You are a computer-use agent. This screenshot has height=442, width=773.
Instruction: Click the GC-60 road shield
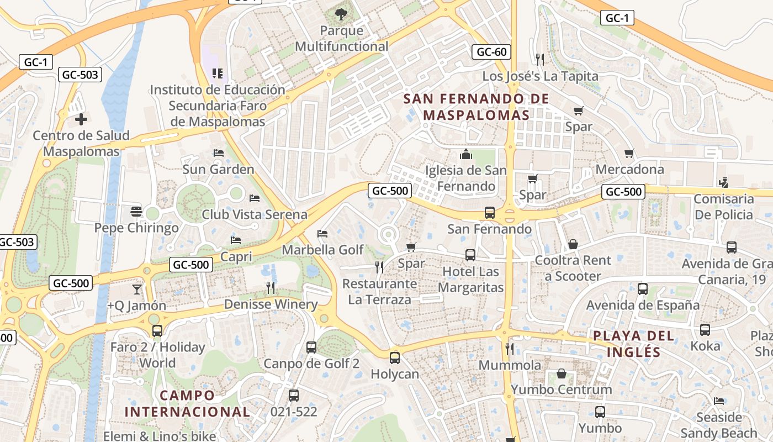coord(491,52)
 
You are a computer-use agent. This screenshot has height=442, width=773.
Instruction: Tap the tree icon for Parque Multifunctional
coord(341,14)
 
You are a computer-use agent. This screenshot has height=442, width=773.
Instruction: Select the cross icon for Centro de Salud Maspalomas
coord(81,119)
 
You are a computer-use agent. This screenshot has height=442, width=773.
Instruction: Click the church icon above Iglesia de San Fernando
coord(466,154)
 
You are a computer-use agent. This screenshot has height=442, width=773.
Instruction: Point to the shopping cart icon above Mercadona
coord(629,153)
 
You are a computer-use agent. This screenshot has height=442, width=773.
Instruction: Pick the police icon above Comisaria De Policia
coord(723,182)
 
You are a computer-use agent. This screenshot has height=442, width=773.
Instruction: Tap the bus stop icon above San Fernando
coord(489,212)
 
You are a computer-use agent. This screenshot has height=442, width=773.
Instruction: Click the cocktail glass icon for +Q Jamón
coord(136,289)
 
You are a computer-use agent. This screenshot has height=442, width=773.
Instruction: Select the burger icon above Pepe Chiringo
coord(136,211)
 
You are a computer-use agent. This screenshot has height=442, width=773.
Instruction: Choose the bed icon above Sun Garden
coord(219,153)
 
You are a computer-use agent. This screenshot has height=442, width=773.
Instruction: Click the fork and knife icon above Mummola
coord(510,349)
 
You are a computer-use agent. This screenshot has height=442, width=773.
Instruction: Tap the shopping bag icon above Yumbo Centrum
coord(562,373)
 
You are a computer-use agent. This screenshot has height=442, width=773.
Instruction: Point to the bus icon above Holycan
coord(395,357)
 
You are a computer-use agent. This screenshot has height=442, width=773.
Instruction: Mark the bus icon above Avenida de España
coord(643,288)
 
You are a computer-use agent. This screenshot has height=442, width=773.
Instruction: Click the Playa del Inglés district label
coord(634,344)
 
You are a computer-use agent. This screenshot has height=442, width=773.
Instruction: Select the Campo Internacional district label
coord(187,403)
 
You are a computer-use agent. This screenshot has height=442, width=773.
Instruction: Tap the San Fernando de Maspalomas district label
coord(476,107)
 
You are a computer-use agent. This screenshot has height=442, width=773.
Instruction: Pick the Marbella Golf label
coord(323,250)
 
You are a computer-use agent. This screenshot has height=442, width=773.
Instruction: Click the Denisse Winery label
coord(271,304)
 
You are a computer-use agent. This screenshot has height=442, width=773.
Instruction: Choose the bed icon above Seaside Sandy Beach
coord(719,401)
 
